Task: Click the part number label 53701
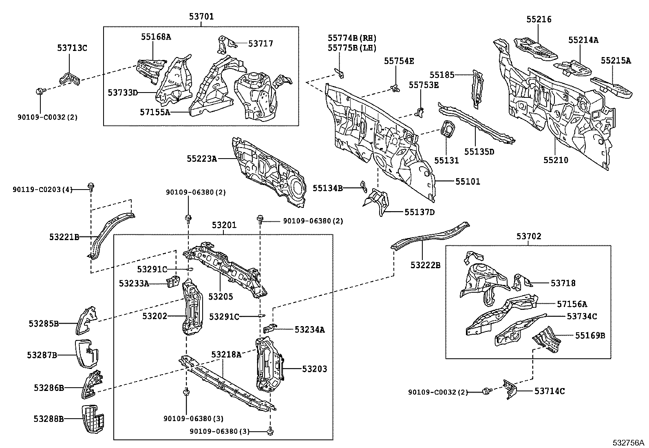pyautogui.click(x=201, y=17)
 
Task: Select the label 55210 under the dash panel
pyautogui.click(x=555, y=160)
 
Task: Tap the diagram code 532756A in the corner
pyautogui.click(x=629, y=442)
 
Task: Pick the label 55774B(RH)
pyautogui.click(x=352, y=38)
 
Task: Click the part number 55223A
pyautogui.click(x=201, y=159)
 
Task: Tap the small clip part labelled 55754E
pyautogui.click(x=394, y=87)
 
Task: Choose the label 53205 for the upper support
pyautogui.click(x=221, y=296)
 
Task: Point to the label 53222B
pyautogui.click(x=425, y=265)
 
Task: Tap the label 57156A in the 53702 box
pyautogui.click(x=572, y=304)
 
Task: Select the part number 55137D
pyautogui.click(x=419, y=212)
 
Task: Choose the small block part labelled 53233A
pyautogui.click(x=174, y=281)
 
